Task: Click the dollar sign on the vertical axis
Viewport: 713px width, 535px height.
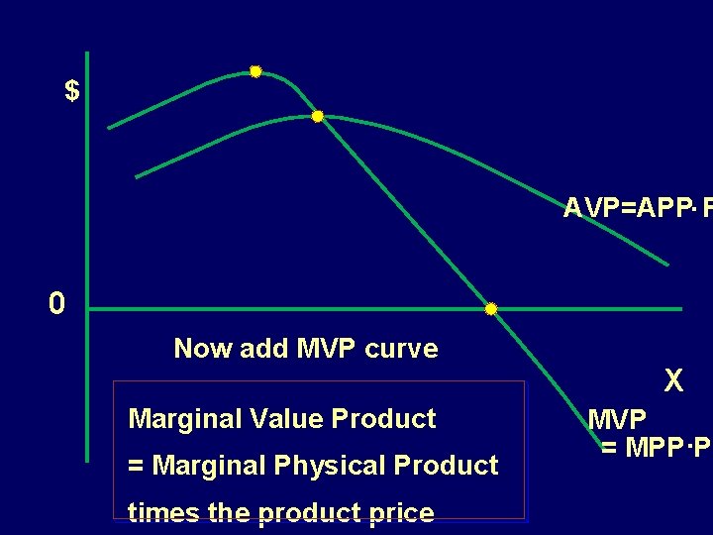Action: click(71, 91)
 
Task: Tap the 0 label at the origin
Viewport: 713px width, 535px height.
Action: click(56, 304)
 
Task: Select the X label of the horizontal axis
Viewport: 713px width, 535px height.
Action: click(673, 380)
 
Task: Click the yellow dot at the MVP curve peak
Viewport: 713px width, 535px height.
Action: click(255, 71)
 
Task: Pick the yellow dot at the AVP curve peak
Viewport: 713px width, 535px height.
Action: click(318, 116)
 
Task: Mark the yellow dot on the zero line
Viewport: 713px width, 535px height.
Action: click(490, 309)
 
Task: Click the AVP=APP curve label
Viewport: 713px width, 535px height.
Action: click(634, 208)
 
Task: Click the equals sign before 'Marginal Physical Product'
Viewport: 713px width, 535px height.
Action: click(136, 466)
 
